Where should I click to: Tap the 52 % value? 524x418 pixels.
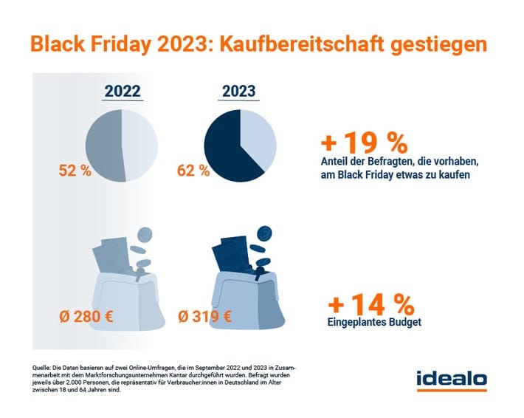[74, 171]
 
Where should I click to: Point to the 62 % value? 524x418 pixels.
[193, 171]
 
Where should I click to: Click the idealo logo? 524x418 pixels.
[451, 380]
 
